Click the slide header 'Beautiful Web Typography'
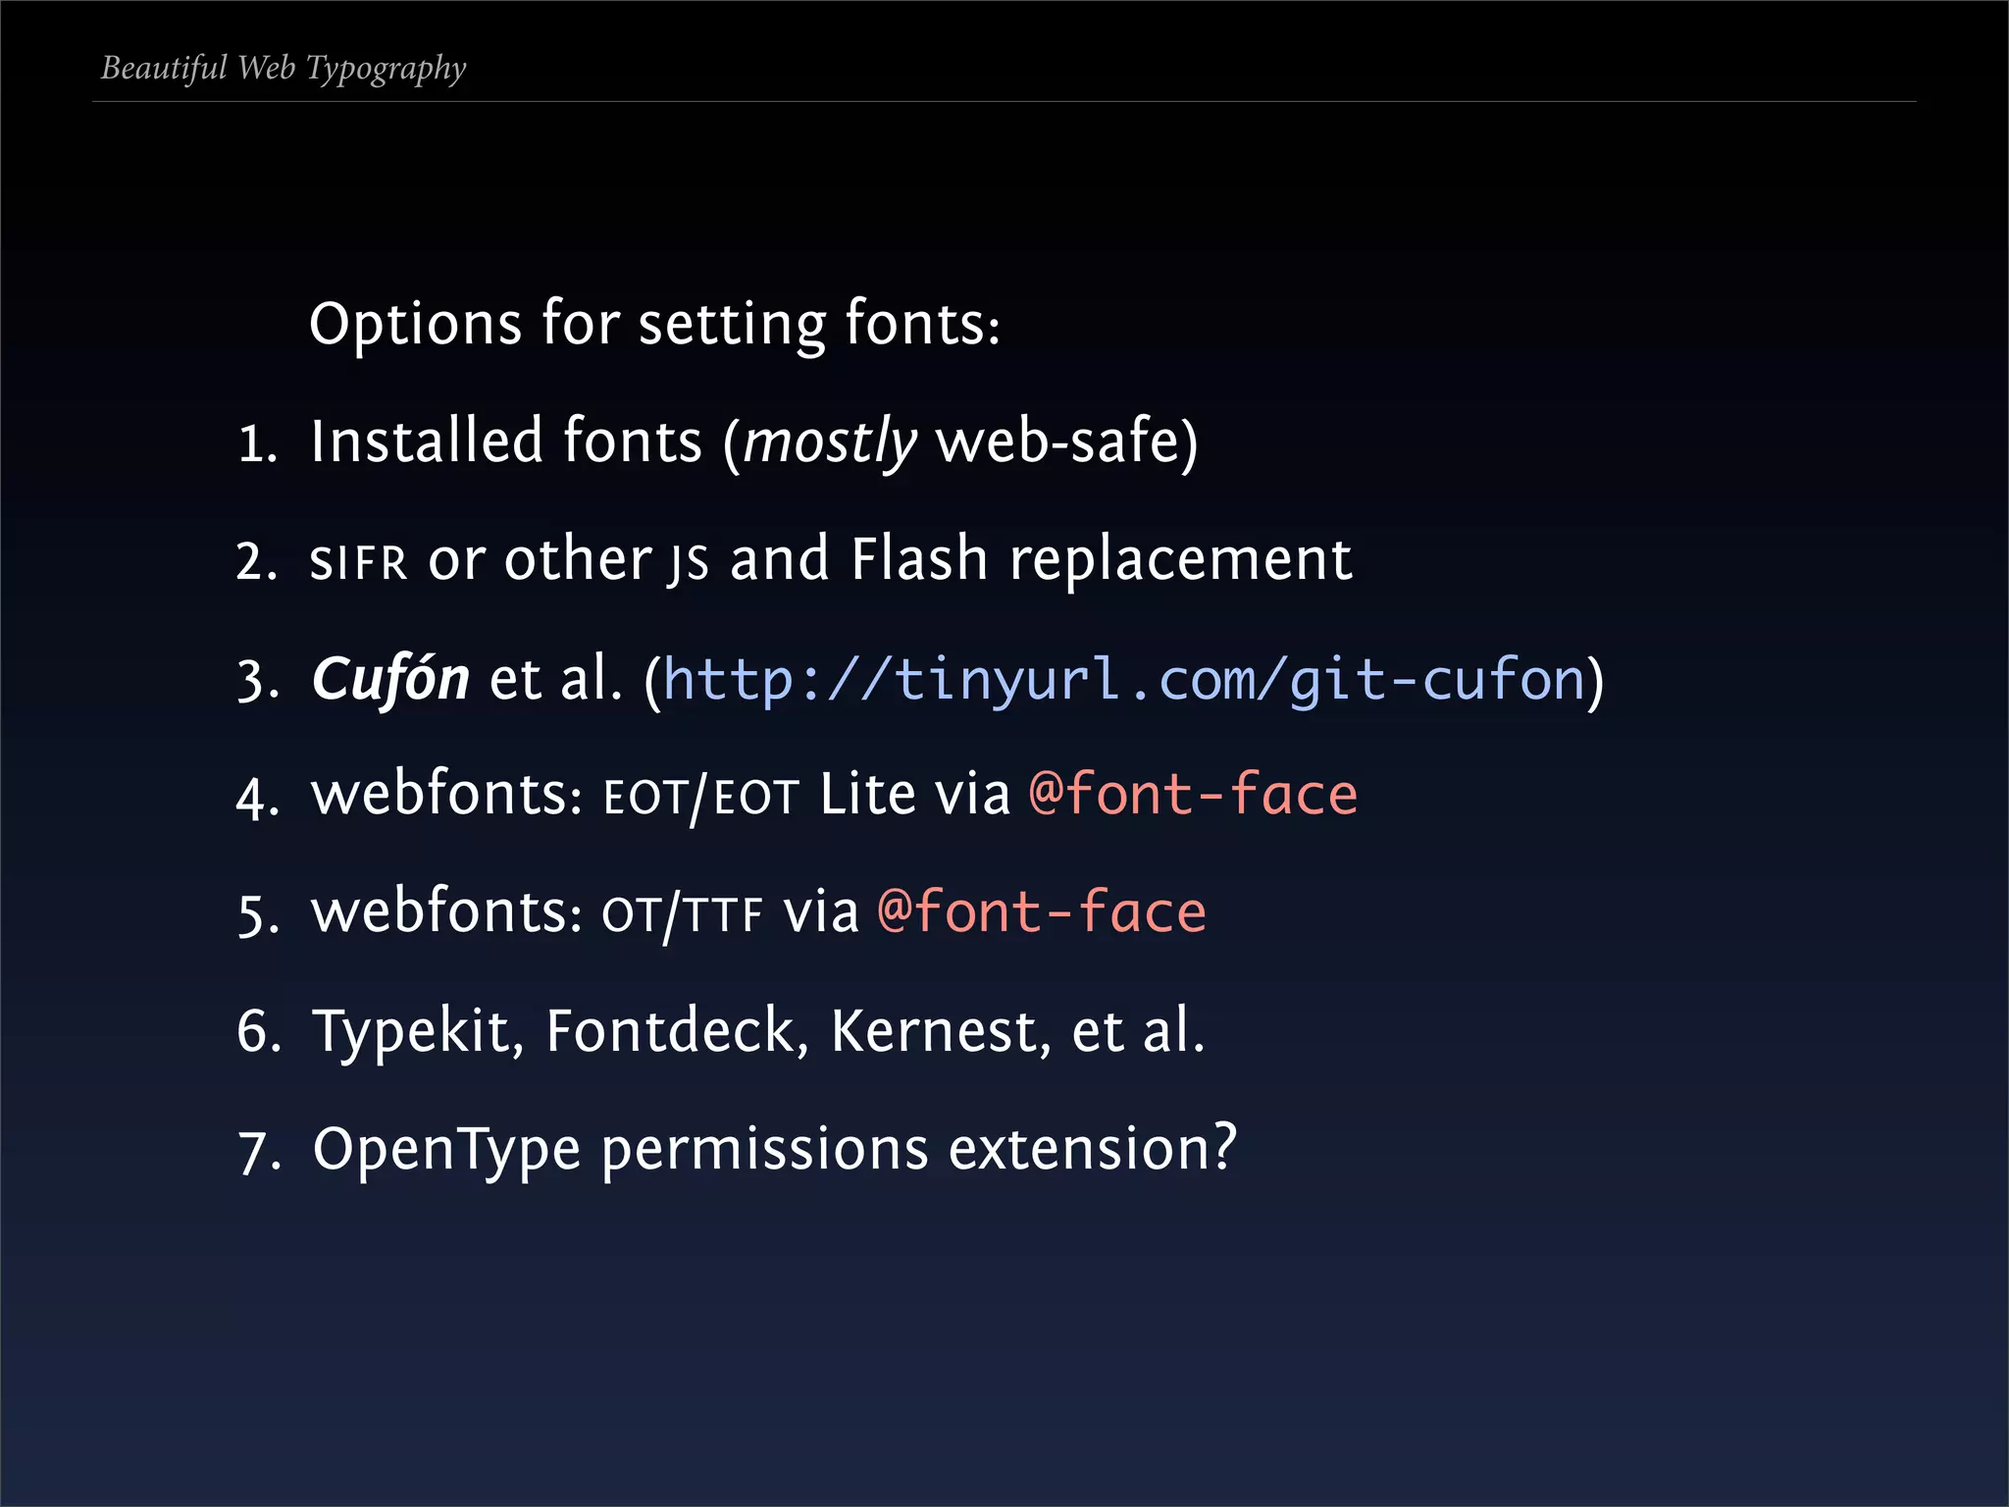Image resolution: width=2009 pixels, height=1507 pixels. pos(283,69)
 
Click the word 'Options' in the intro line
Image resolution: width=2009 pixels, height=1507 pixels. pos(415,324)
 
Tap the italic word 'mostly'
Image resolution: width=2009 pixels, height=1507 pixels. pos(830,442)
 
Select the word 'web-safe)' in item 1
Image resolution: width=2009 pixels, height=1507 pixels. pos(1067,442)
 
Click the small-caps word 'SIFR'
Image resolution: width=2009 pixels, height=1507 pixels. pos(358,563)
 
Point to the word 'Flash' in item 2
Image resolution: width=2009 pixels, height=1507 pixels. pos(919,559)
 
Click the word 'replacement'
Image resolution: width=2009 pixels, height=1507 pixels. pos(1181,561)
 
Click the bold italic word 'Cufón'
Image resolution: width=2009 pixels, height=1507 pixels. pos(390,679)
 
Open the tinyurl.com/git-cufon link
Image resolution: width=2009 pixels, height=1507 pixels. pos(1124,679)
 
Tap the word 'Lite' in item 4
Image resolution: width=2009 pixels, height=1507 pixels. pos(867,794)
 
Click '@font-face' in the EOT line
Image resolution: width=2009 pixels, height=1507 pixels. pos(1193,794)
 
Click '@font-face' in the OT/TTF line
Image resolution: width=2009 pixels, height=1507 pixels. pos(1042,911)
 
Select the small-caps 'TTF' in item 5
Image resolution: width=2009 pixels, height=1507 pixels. pos(724,915)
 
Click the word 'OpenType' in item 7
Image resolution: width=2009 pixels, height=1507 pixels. pos(446,1150)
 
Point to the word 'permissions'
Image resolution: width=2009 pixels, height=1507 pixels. pos(764,1150)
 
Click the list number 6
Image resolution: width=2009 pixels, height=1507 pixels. pos(258,1032)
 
